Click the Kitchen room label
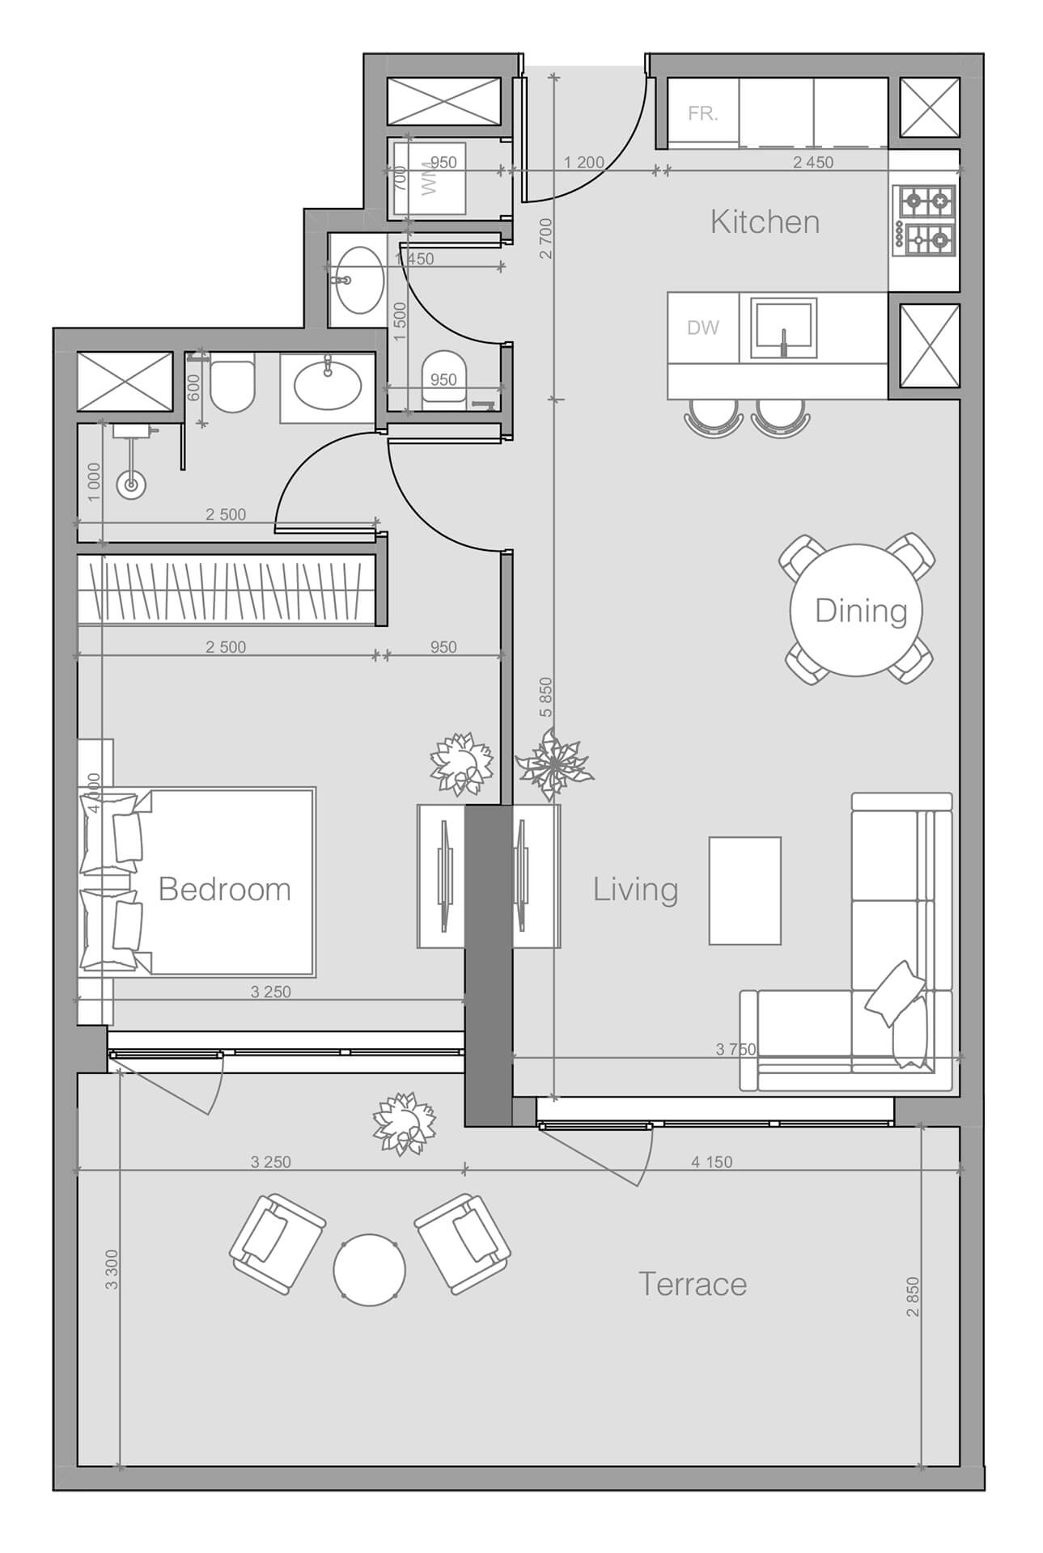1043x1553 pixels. click(x=765, y=222)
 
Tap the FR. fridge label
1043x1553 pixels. click(x=702, y=114)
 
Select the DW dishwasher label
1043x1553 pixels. click(x=702, y=328)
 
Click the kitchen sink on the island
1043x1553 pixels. click(x=782, y=328)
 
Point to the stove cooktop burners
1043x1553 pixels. click(x=924, y=218)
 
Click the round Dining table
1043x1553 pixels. click(x=860, y=611)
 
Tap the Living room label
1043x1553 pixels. click(x=635, y=889)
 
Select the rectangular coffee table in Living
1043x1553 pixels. click(x=744, y=891)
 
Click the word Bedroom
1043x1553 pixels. click(x=224, y=889)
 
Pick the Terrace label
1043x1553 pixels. click(x=692, y=1284)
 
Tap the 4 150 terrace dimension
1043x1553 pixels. click(x=711, y=1162)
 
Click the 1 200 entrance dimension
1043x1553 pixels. click(x=583, y=163)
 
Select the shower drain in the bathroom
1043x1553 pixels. click(x=130, y=485)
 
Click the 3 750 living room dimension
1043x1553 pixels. click(x=736, y=1050)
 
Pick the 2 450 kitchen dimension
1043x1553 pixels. click(x=812, y=163)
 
